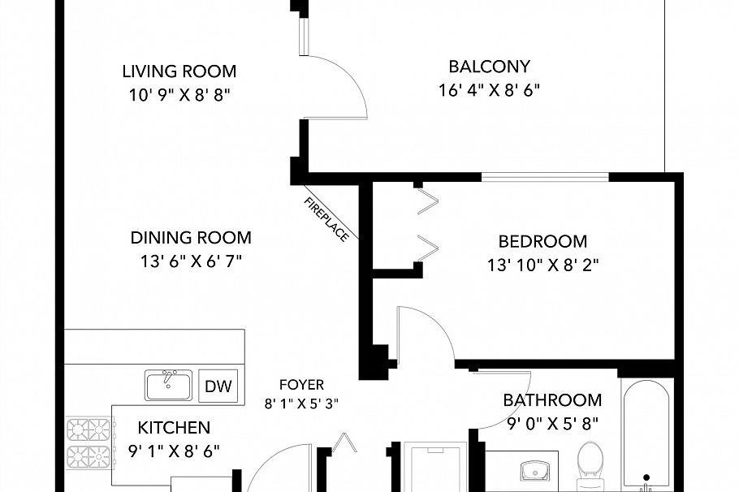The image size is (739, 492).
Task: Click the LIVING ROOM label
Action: [179, 71]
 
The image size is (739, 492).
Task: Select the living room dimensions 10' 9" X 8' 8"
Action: [179, 94]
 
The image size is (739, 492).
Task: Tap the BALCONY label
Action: [489, 67]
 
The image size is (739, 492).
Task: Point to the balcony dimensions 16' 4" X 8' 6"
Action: [489, 89]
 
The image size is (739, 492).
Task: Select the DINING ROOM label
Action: [191, 238]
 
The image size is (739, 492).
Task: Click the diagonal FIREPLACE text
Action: [326, 219]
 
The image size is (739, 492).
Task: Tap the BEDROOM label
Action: [542, 241]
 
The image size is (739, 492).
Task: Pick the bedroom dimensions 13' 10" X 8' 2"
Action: [543, 264]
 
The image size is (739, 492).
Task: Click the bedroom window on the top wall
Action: [545, 176]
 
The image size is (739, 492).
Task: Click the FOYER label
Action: [300, 385]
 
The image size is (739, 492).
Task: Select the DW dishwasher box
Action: [218, 386]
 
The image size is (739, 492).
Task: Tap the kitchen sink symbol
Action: [168, 384]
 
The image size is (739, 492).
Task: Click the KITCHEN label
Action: [174, 428]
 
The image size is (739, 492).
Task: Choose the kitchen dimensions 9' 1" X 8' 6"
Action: [174, 450]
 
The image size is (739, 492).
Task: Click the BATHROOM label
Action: [552, 400]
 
